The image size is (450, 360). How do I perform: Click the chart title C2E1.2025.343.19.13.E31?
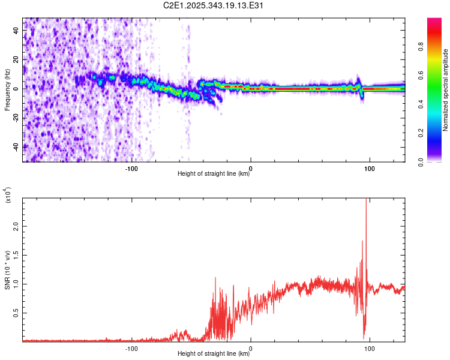pyautogui.click(x=214, y=5)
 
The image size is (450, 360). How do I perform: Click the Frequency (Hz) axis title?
pyautogui.click(x=7, y=90)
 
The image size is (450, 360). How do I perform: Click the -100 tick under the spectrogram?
pyautogui.click(x=131, y=168)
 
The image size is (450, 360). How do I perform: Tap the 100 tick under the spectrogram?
pyautogui.click(x=370, y=168)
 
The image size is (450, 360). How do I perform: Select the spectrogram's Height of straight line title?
pyautogui.click(x=214, y=174)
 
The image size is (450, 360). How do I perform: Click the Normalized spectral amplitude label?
pyautogui.click(x=445, y=90)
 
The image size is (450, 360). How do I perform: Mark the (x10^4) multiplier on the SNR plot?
pyautogui.click(x=8, y=196)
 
